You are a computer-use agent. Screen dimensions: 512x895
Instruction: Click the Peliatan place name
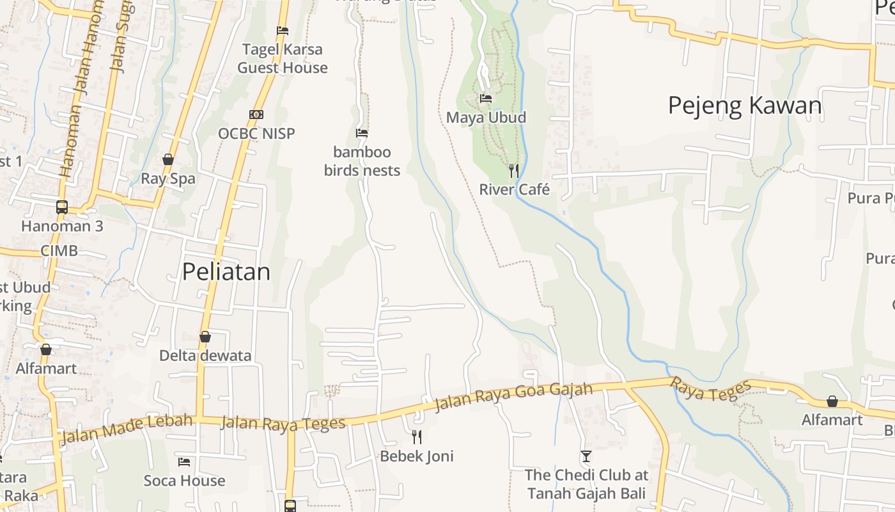pos(226,272)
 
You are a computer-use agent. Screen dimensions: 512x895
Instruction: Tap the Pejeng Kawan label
pos(745,106)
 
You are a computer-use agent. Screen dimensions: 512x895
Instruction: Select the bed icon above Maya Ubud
pos(486,99)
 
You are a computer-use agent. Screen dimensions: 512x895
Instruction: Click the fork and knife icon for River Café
pos(513,171)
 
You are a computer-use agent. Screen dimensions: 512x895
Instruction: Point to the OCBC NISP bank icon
pos(256,115)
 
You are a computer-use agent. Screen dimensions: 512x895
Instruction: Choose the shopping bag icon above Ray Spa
pos(168,159)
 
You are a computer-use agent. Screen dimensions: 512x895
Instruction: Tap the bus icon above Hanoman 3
pos(62,207)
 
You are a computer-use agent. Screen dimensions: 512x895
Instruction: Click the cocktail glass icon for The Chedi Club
pos(586,456)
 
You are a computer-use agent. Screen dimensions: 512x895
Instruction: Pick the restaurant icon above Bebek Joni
pos(417,437)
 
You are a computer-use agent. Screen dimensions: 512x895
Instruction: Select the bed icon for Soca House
pos(184,461)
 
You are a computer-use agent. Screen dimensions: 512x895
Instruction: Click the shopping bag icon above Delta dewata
pos(205,337)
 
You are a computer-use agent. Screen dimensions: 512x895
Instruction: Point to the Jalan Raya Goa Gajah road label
pos(513,397)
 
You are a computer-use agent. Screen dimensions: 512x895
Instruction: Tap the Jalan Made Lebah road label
pos(127,429)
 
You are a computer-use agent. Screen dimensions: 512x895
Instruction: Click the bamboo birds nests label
pos(362,161)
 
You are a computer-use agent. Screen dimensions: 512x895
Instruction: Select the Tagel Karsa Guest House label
pos(283,58)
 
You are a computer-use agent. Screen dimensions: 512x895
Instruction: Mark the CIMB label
pos(59,250)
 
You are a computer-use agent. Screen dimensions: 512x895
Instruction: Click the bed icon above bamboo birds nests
pos(362,133)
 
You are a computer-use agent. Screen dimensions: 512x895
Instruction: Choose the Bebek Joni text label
pos(417,456)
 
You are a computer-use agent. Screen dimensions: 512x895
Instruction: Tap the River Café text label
pos(515,190)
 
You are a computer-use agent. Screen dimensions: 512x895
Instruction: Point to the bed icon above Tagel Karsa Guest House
pos(283,31)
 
